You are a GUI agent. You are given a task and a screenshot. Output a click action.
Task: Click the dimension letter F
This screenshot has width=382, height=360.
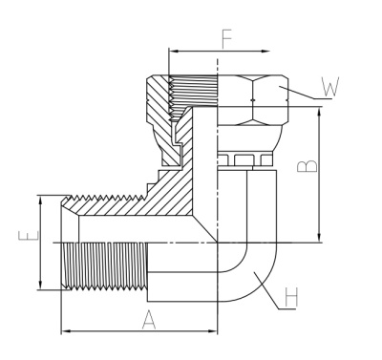point(226,40)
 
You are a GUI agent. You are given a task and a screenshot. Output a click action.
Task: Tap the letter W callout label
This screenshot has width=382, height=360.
point(330,87)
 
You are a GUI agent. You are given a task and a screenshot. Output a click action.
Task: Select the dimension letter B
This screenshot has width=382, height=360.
point(308,166)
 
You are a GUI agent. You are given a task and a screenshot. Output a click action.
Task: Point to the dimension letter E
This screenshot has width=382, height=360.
point(29,236)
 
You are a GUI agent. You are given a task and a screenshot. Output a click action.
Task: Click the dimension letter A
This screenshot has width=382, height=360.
point(149,320)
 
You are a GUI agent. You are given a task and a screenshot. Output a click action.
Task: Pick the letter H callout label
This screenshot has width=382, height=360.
point(291,297)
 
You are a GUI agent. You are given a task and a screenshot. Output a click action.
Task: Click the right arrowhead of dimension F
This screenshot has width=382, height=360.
point(265,52)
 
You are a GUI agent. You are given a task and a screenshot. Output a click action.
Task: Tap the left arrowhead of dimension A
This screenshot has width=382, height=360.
point(65,331)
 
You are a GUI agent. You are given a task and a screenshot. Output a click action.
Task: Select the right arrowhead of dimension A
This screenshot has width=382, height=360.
point(213,331)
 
